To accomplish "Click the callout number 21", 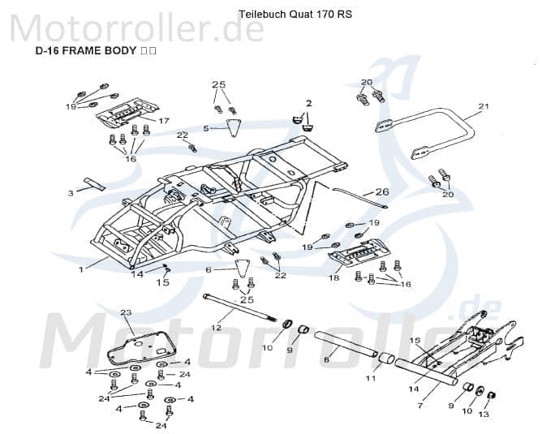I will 484,106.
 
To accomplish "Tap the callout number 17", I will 163,121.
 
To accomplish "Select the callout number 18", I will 333,278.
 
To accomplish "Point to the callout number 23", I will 126,312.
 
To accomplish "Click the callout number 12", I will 216,328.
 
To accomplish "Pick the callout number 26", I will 382,192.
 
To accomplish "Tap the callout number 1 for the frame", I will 81,269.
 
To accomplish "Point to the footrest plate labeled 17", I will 126,108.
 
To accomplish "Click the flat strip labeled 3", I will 92,184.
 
